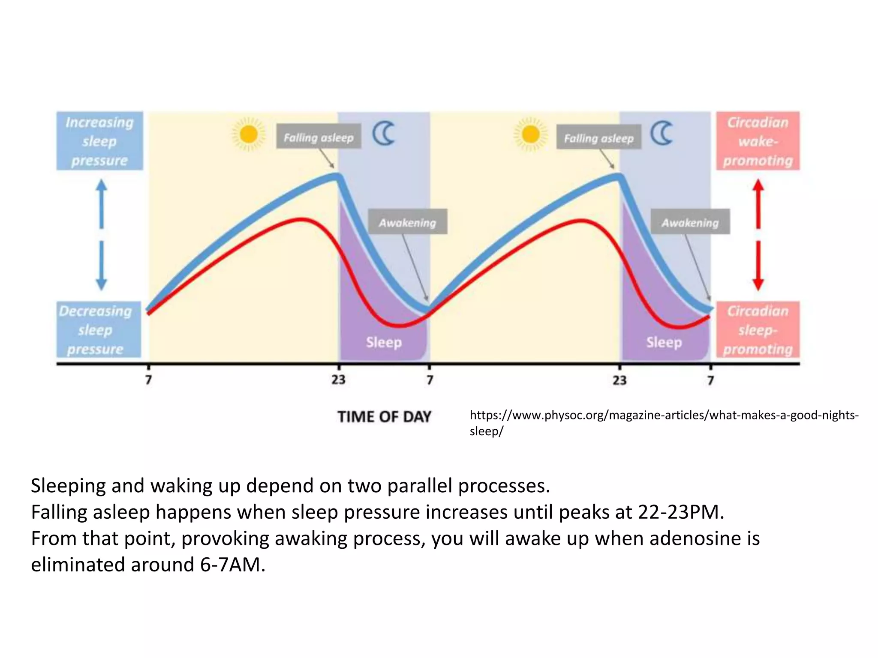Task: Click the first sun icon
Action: click(249, 135)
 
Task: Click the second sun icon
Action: click(531, 135)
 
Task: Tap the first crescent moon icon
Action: click(384, 133)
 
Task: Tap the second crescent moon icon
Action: click(662, 133)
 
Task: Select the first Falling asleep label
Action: click(319, 137)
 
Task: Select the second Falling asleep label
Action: click(598, 138)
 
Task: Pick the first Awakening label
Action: click(407, 222)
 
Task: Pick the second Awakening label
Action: click(690, 222)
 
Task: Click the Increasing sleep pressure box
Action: click(99, 141)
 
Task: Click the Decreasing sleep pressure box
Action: click(99, 329)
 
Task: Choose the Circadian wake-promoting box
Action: click(758, 141)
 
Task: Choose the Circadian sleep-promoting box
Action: click(758, 329)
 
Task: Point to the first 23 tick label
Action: click(338, 380)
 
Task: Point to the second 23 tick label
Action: click(619, 380)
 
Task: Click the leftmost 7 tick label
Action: click(148, 380)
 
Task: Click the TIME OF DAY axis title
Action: click(384, 416)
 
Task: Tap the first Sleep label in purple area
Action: click(384, 342)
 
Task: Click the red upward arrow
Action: click(758, 203)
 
